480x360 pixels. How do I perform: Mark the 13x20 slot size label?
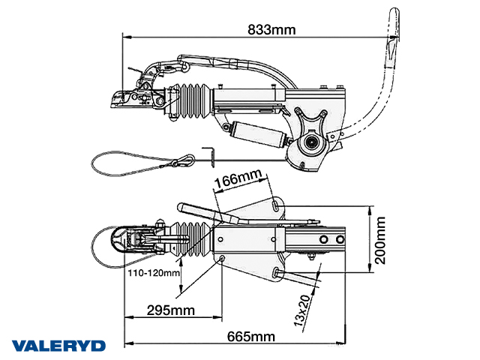tap(304, 308)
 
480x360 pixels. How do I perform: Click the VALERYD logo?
tap(58, 346)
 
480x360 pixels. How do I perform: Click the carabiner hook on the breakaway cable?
tap(184, 160)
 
